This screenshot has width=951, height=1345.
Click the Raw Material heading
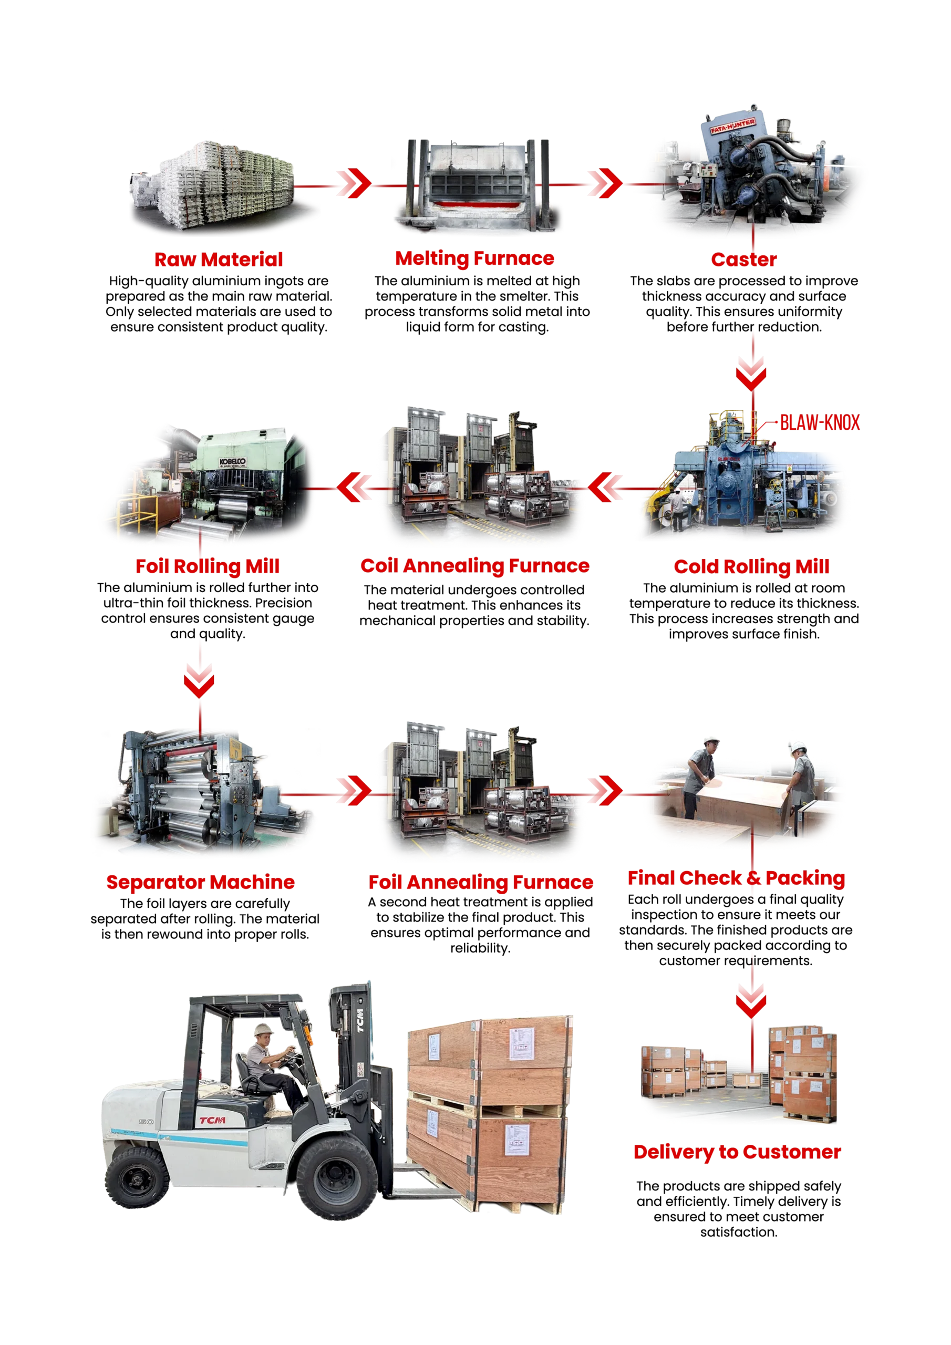(219, 259)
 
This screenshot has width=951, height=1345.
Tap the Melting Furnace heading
(474, 258)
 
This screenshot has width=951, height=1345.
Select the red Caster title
(743, 260)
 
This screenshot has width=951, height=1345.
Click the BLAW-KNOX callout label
(820, 422)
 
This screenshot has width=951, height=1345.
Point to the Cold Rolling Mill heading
(751, 566)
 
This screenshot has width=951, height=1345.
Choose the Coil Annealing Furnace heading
(474, 566)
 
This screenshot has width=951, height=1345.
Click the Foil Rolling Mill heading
(208, 566)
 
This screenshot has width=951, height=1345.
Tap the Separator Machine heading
(200, 882)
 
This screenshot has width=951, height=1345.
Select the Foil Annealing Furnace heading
(480, 882)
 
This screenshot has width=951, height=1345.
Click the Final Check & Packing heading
(736, 877)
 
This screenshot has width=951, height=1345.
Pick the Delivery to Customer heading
(737, 1152)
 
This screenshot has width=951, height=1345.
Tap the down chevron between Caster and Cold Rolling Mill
(752, 374)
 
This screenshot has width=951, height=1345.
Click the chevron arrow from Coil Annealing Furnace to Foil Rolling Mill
(354, 488)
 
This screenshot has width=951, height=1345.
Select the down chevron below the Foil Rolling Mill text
(199, 681)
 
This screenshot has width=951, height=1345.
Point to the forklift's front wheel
(336, 1178)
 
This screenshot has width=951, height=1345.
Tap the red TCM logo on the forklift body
(212, 1120)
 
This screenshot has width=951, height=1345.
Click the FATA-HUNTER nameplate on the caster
(732, 126)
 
